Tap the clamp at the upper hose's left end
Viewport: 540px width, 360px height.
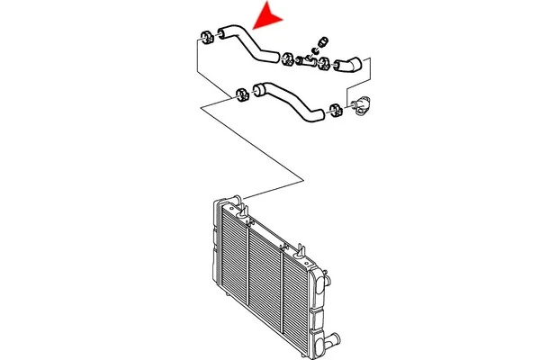tap(204, 38)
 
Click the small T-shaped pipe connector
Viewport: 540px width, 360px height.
tap(306, 62)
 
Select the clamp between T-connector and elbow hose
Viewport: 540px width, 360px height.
tap(322, 64)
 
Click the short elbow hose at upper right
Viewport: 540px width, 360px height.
tap(347, 64)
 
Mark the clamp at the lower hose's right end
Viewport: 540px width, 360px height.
tap(336, 111)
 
